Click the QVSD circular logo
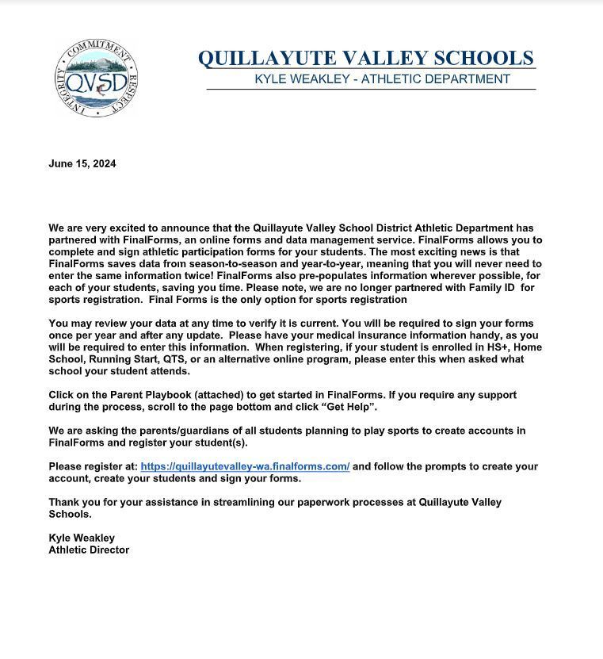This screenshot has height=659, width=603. tap(96, 78)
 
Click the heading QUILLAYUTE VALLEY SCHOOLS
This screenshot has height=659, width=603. tap(365, 59)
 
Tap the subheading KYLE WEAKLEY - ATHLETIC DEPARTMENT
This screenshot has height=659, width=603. tap(382, 79)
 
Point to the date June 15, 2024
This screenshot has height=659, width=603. tap(82, 164)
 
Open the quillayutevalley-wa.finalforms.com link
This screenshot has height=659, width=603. tap(245, 466)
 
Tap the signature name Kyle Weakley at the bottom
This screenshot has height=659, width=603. tap(82, 538)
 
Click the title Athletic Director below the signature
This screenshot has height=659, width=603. tap(89, 550)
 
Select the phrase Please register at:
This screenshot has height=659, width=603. tap(93, 466)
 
